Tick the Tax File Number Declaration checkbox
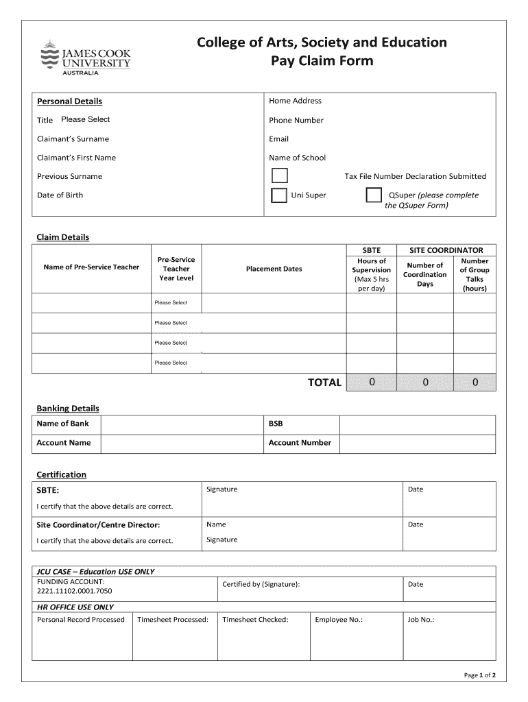coord(279,175)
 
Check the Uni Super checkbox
coord(279,195)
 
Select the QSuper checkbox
coord(373,195)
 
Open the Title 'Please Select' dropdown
coord(86,119)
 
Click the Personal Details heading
coord(69,101)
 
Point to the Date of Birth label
coord(60,195)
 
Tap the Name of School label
coord(297,158)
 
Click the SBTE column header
coord(371,250)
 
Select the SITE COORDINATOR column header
coord(446,250)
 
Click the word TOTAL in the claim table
coord(324,383)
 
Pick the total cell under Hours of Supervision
coord(372,382)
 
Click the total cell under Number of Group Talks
coord(475,382)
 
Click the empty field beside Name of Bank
coord(182,424)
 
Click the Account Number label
coord(300,443)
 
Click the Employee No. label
coord(338,620)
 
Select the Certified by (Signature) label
coord(261,584)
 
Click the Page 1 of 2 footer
coord(480,675)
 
